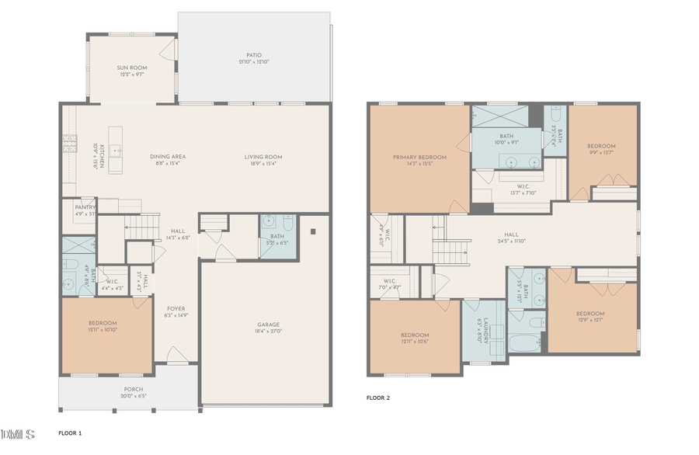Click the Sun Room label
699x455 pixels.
(132, 68)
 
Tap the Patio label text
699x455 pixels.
(254, 55)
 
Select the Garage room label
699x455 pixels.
(269, 325)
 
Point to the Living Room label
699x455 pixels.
(263, 157)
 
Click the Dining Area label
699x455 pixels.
(168, 157)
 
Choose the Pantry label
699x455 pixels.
(85, 207)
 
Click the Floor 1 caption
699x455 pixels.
(70, 432)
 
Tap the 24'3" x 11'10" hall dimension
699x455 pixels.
(511, 241)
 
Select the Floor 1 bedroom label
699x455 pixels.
(103, 323)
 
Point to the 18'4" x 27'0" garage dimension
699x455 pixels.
(269, 332)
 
